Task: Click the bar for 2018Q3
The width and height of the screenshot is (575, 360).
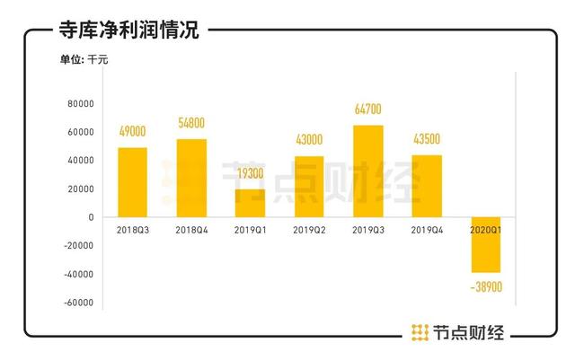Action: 132,182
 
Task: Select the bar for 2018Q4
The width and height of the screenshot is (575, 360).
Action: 191,178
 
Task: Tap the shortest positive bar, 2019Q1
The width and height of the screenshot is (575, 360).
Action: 250,203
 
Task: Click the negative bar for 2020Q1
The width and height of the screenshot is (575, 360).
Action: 486,244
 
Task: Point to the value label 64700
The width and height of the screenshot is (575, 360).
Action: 368,110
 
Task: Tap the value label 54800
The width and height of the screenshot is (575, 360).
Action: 191,124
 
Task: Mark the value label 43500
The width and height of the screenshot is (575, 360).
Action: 427,140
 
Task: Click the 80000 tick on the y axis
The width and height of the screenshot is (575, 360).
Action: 80,104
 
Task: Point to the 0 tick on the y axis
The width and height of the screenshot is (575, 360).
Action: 91,217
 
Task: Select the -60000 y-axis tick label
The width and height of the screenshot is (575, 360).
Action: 78,303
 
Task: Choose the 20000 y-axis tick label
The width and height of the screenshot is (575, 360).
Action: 80,189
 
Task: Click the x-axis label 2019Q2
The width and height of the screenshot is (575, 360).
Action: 309,230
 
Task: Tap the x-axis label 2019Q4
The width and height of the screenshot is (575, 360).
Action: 427,230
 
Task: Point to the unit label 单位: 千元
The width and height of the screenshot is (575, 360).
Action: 84,60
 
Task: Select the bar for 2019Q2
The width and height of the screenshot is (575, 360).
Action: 309,187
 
